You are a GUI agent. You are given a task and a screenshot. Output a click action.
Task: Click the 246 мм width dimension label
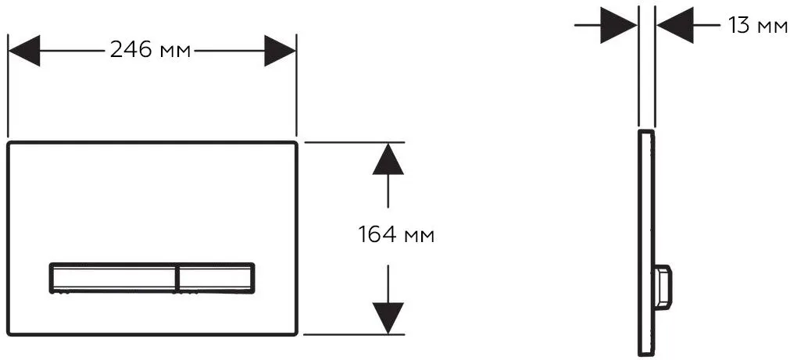pos(150,50)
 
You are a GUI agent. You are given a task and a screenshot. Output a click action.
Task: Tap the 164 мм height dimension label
pos(396,235)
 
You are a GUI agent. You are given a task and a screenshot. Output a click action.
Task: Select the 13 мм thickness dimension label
pos(758,25)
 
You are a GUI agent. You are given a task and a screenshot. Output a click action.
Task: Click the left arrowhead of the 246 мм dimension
pos(23,50)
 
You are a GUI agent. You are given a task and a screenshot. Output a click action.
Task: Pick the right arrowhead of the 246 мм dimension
pos(280,50)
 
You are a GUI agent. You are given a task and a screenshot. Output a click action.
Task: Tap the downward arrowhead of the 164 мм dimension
pos(388,318)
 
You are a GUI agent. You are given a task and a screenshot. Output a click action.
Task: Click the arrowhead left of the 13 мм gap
pos(619,25)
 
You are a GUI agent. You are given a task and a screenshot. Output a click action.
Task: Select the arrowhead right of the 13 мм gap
pos(675,25)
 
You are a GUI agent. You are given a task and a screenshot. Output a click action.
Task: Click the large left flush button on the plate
pos(113,277)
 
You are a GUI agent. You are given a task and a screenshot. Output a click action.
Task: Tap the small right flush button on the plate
pos(216,277)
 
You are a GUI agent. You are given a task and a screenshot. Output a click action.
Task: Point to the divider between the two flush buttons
pos(177,277)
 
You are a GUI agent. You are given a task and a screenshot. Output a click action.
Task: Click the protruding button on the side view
pos(663,285)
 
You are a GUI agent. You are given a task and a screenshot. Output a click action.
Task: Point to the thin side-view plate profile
pos(646,243)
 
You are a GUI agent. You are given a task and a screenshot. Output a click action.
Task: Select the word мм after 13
pos(772,27)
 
